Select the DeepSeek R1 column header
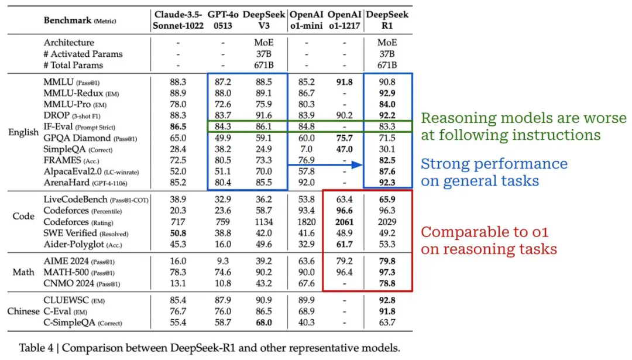[x=387, y=20]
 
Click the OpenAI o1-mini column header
[x=306, y=20]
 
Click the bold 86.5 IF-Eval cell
[x=177, y=126]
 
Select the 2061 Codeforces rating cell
[x=345, y=222]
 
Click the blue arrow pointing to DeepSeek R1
[x=325, y=166]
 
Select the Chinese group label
[x=23, y=311]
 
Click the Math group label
[x=23, y=273]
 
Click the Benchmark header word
[x=67, y=20]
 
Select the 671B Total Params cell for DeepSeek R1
[x=387, y=65]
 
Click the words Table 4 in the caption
[x=38, y=348]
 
